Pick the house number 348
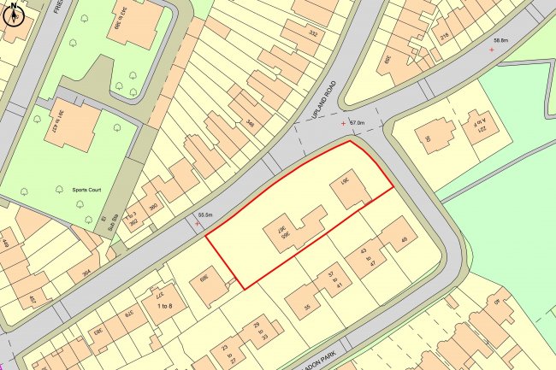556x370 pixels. pyautogui.click(x=249, y=123)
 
